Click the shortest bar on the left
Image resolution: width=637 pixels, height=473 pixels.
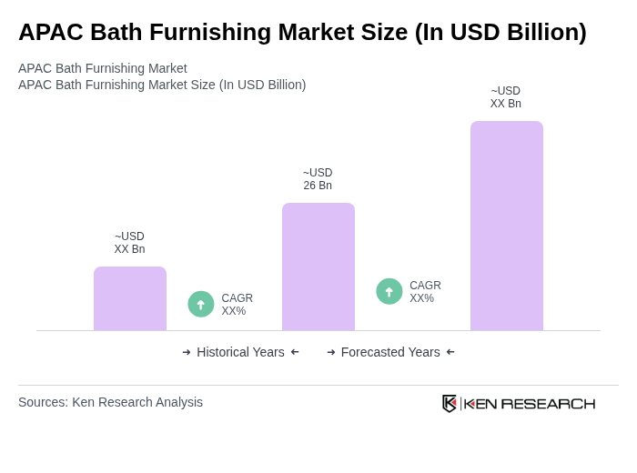pos(130,298)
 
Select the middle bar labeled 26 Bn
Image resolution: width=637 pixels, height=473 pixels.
pos(318,267)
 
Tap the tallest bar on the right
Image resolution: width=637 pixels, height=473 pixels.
pos(506,226)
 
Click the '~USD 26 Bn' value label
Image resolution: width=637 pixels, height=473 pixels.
pos(318,179)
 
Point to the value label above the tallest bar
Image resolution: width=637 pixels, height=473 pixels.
pos(506,97)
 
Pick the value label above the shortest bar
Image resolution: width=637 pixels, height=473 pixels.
pos(129,243)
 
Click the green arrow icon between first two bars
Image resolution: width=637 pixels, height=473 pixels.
pos(201,304)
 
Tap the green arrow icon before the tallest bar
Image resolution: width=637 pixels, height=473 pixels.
pos(389,291)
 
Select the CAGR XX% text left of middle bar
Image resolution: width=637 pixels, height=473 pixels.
pos(237,305)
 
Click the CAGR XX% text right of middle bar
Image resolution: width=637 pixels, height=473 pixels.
pos(425,292)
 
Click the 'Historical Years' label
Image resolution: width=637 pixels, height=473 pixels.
pos(240,352)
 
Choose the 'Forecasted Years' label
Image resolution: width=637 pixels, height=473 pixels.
pos(390,352)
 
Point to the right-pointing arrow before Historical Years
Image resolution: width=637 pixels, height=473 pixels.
pos(187,352)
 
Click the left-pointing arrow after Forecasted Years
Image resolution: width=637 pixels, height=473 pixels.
pos(450,352)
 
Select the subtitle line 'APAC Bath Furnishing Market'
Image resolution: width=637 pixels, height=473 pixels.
pos(103,68)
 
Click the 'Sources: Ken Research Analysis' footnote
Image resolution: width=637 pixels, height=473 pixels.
pos(110,402)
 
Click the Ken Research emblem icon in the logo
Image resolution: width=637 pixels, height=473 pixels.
pos(450,403)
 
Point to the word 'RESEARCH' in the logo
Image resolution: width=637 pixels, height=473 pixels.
pos(548,404)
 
